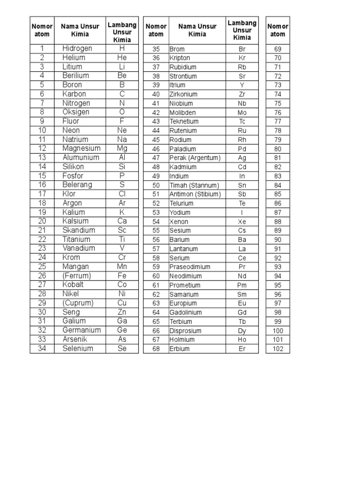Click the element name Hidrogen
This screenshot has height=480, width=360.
point(77,48)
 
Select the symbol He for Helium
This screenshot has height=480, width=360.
point(122,57)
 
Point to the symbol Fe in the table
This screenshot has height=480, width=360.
point(122,276)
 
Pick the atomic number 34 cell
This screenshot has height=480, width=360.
point(42,348)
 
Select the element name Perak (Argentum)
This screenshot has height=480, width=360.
point(195,158)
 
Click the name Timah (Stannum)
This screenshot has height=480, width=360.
point(194,185)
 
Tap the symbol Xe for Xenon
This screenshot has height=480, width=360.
point(242,222)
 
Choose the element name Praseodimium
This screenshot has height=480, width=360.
point(190,267)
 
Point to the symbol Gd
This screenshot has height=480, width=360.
point(242,312)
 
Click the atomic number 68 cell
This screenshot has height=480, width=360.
point(156,349)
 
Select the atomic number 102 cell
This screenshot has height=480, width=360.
point(278,349)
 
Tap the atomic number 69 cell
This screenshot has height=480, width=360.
point(278,49)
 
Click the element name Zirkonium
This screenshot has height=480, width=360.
point(183,94)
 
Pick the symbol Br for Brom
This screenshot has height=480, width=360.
point(242,49)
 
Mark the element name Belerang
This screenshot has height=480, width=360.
point(77,185)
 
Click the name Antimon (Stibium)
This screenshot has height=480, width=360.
point(195,194)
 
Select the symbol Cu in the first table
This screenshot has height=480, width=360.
point(122,303)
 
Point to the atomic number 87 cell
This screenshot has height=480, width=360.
point(278,212)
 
